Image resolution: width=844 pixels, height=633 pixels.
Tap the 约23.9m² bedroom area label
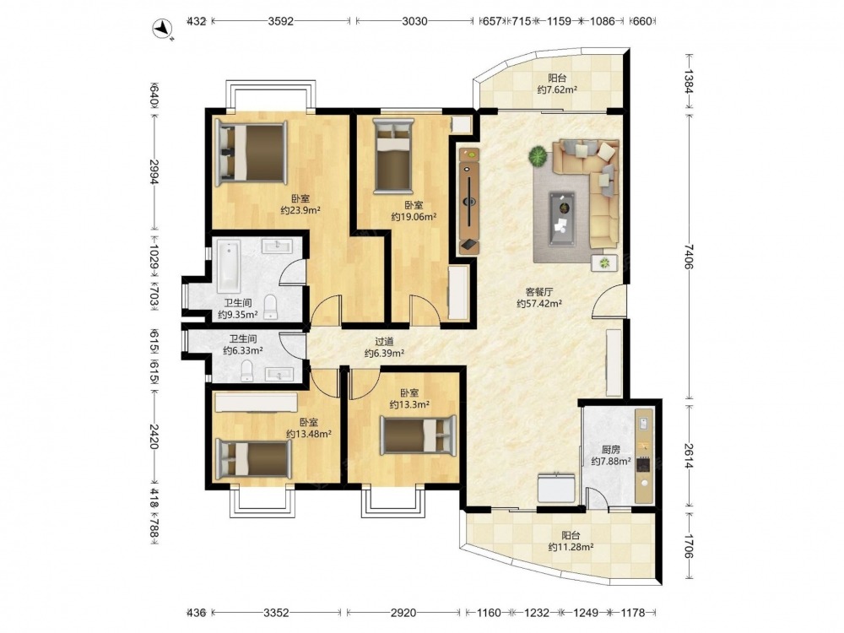pyautogui.click(x=300, y=210)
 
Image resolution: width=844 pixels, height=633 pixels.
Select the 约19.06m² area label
pyautogui.click(x=414, y=217)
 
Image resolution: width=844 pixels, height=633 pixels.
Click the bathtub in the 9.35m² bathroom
pyautogui.click(x=229, y=265)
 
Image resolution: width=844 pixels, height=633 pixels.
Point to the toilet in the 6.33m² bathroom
pyautogui.click(x=246, y=370)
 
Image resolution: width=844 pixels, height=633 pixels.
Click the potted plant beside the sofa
pyautogui.click(x=538, y=157)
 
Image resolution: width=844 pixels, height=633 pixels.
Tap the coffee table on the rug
pyautogui.click(x=561, y=219)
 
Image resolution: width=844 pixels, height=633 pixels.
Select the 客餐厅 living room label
pyautogui.click(x=538, y=292)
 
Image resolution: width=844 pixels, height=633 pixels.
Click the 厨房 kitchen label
pyautogui.click(x=610, y=450)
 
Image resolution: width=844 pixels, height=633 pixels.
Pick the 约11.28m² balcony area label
pyautogui.click(x=571, y=548)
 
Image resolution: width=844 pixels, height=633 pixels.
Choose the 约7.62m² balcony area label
pyautogui.click(x=557, y=90)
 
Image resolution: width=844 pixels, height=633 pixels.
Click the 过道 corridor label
pyautogui.click(x=384, y=341)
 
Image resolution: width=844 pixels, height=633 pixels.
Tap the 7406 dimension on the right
pyautogui.click(x=690, y=257)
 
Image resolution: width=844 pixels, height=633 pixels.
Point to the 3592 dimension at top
pyautogui.click(x=280, y=22)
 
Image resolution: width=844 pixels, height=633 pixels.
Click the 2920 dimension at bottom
pyautogui.click(x=403, y=613)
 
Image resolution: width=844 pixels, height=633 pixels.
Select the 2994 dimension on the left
pyautogui.click(x=154, y=172)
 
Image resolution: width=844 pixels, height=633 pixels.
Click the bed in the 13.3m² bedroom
pyautogui.click(x=418, y=435)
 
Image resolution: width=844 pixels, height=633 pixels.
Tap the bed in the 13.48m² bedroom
pyautogui.click(x=253, y=460)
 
